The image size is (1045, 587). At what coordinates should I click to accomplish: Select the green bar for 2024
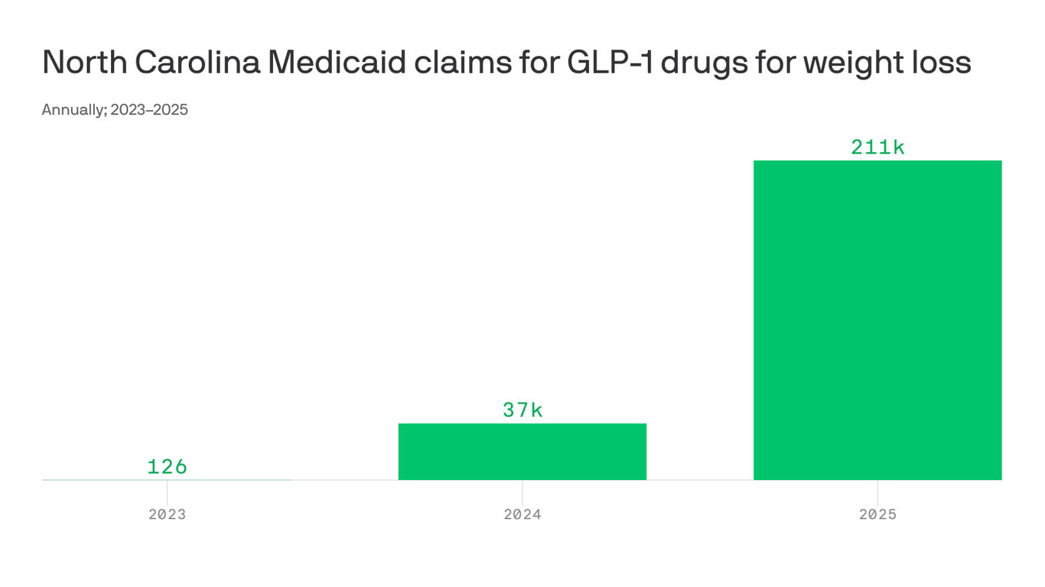pos(522,452)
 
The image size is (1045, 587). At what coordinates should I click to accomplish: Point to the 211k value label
pos(877,147)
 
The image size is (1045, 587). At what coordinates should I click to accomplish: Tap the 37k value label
pos(522,410)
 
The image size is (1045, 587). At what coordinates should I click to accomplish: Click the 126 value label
pos(167,466)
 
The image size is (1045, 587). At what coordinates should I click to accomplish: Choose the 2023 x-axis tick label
pos(167,514)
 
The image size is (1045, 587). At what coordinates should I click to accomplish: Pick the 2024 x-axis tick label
pos(522,514)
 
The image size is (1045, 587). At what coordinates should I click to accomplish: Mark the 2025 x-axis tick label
pos(877,514)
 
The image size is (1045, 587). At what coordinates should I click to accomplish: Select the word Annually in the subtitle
pos(73,110)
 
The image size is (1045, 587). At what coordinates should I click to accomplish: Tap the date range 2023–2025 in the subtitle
pos(149,110)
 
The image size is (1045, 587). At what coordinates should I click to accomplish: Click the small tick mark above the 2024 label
pos(522,490)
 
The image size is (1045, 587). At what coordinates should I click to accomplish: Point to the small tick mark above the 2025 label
pos(877,490)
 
